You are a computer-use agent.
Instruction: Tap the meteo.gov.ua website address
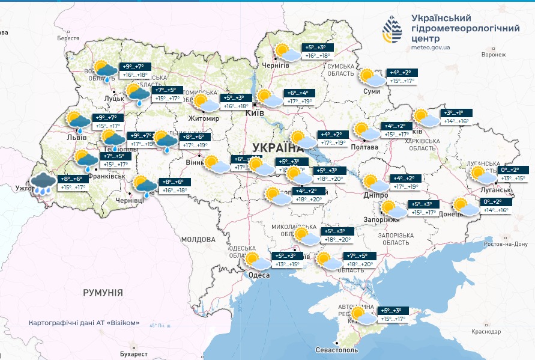431,47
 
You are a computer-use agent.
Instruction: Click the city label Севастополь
337,350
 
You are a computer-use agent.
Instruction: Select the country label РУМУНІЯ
103,293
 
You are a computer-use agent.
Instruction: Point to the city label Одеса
258,275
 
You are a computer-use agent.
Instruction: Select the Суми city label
371,92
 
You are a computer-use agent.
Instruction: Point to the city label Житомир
204,118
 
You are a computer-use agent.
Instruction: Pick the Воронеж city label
494,54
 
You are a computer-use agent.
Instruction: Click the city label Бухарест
133,354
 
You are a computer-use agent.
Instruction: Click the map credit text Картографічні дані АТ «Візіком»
84,323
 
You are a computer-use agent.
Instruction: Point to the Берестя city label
68,38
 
